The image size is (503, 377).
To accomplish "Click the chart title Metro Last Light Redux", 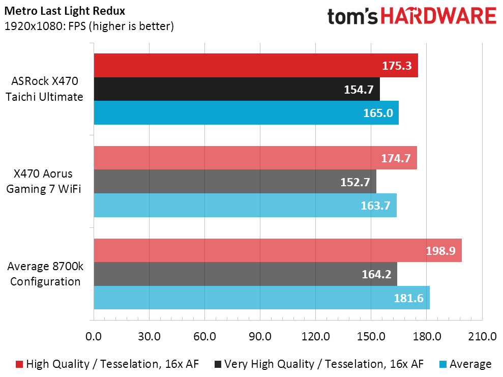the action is point(65,11).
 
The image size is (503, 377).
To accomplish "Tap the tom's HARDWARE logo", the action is point(412,16).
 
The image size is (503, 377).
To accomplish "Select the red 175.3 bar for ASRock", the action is point(256,66).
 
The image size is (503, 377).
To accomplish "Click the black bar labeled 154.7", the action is point(236,89).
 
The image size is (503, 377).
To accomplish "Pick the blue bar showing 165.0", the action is point(246,113).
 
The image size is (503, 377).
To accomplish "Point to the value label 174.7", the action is point(396,158).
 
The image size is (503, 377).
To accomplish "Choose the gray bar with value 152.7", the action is point(235,182).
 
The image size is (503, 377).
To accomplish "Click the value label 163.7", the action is point(376,206).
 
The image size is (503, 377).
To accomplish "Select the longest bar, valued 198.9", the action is point(278,251).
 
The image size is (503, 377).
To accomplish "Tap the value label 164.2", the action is point(376,274).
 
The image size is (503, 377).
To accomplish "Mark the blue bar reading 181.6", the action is point(262,298).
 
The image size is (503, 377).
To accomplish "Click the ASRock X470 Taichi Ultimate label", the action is point(44,89).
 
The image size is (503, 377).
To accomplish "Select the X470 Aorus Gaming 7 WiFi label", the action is point(44,182).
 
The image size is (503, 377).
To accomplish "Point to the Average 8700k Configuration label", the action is point(45,274).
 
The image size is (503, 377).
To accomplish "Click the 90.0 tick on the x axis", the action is point(260,337).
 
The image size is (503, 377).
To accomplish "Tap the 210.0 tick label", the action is point(482,337).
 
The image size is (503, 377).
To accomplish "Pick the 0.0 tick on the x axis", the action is point(94,337).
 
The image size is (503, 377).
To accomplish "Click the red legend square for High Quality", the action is point(19,364).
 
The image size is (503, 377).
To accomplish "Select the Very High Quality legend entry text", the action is point(324,364).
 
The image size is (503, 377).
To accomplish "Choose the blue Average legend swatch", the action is point(443,364).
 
